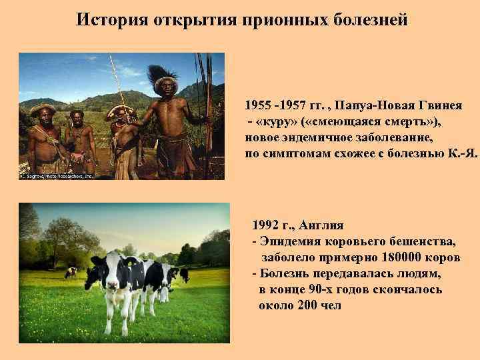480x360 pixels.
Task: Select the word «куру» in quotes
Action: coord(277,121)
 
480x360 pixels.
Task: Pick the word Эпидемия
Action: coord(289,241)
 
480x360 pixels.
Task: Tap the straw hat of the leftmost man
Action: coord(43,109)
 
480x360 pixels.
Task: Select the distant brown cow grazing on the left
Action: coord(71,272)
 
